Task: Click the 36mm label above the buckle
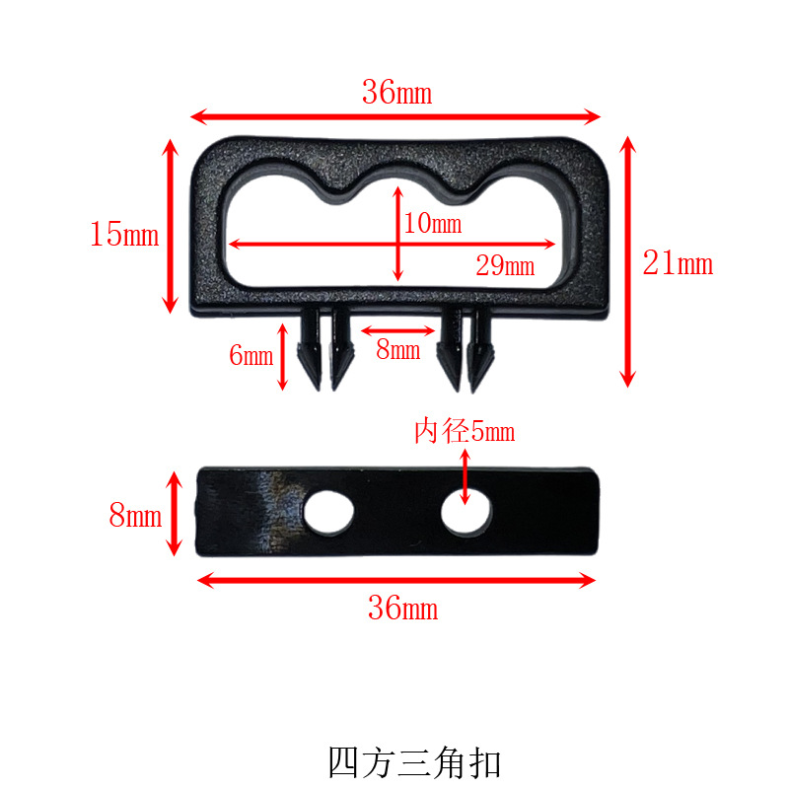(x=396, y=94)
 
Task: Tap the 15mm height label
(x=123, y=235)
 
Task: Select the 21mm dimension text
(x=678, y=263)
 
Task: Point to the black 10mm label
(x=432, y=224)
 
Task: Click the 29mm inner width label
(x=504, y=265)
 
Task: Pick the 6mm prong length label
(x=251, y=356)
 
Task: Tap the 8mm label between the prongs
(x=397, y=349)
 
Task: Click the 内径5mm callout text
(x=464, y=432)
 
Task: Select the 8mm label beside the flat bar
(x=135, y=515)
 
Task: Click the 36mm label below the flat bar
(x=402, y=609)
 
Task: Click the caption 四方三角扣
(x=414, y=762)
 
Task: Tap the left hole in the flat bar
(x=328, y=513)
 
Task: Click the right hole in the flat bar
(x=466, y=513)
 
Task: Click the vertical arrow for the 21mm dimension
(x=628, y=261)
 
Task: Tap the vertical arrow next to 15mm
(x=171, y=226)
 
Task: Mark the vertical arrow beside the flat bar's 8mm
(x=175, y=513)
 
